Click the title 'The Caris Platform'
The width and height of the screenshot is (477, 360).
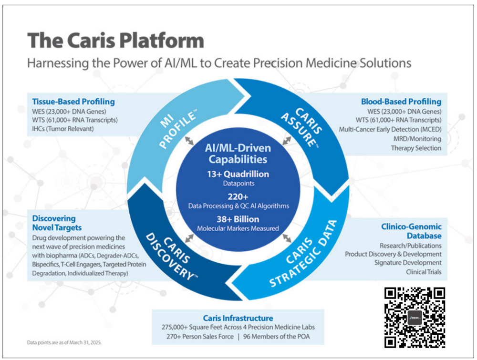(115, 40)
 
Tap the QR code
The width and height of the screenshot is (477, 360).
(415, 317)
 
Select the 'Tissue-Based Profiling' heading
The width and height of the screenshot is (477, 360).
(73, 102)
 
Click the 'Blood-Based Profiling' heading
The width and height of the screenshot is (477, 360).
(401, 102)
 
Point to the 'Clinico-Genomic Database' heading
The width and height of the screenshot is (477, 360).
(411, 231)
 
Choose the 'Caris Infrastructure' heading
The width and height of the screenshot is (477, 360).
(238, 318)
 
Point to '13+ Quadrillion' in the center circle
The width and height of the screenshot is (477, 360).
(238, 174)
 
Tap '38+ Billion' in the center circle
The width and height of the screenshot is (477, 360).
(238, 219)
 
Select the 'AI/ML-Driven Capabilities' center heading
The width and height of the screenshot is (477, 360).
(238, 154)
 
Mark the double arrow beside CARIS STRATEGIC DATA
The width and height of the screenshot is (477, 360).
(287, 238)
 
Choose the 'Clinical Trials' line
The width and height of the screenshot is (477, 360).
(424, 272)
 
